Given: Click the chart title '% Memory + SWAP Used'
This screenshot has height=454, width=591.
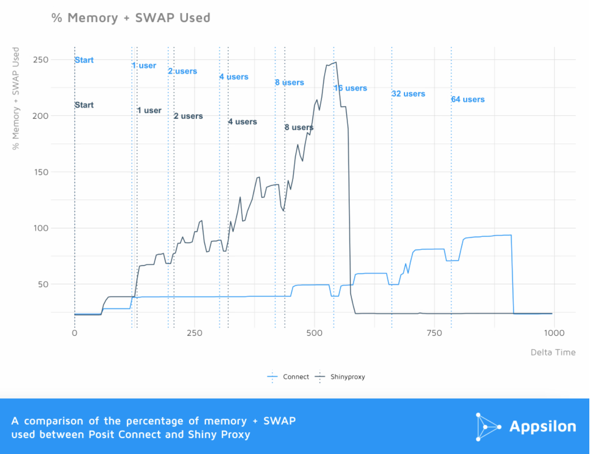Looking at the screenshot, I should tap(131, 18).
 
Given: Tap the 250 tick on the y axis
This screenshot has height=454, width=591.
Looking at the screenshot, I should tap(41, 60).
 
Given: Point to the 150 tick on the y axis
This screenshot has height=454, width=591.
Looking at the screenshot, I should tap(41, 172).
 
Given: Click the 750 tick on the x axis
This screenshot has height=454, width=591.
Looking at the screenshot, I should tap(434, 333).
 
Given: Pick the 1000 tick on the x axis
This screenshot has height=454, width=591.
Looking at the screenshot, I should tap(554, 333).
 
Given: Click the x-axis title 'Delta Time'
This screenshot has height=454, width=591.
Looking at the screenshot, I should tap(553, 352).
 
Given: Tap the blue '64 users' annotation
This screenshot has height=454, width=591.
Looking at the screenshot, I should tap(468, 99).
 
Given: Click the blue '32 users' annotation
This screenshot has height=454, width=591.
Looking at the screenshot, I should tap(408, 94).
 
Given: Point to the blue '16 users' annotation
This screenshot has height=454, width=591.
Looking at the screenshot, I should tap(350, 88).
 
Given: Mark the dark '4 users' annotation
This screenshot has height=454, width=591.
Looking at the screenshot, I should tap(242, 122).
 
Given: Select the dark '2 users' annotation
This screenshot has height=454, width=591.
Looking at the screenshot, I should tap(188, 116).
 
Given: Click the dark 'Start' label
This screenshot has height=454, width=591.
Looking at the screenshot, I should tap(84, 105).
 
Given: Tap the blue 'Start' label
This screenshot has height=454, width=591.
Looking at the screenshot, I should tap(84, 60).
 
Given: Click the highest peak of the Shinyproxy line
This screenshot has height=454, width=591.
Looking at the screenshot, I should tap(336, 62).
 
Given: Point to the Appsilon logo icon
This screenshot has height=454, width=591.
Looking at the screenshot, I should tap(487, 427).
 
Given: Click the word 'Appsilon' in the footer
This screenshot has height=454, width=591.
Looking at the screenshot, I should tap(542, 427).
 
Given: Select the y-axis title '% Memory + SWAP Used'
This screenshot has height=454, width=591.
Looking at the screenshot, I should tap(16, 98).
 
